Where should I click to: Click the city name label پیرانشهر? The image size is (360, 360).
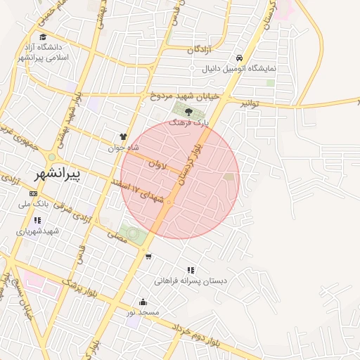(57, 173)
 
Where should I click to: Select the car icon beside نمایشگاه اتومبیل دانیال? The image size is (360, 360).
(240, 58)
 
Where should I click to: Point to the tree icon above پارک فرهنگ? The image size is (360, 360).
(188, 111)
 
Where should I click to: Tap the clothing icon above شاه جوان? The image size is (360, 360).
(124, 137)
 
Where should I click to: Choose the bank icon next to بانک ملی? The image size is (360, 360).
(33, 193)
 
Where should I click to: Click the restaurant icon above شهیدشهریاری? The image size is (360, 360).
(37, 220)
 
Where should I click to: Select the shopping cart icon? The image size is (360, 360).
(148, 256)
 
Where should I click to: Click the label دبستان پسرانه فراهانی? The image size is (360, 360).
(191, 281)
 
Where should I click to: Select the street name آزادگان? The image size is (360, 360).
(200, 49)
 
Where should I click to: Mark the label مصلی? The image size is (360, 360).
(117, 238)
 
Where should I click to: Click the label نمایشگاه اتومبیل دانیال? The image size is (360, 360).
(276, 69)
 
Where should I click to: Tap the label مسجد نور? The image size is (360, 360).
(148, 311)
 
